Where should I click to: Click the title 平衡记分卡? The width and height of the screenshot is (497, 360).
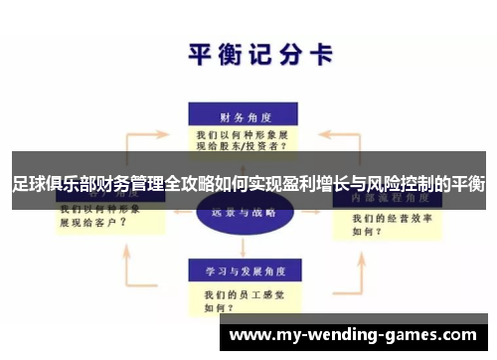click(260, 53)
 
